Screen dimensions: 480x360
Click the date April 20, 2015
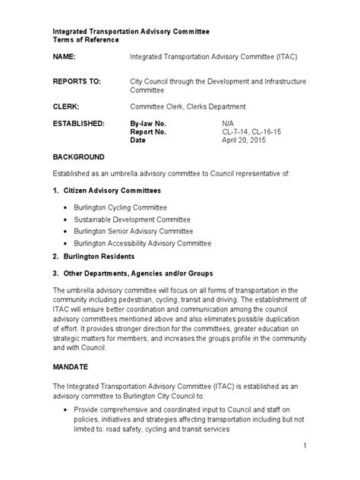pos(243,141)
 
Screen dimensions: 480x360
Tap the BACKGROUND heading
pos(78,156)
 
